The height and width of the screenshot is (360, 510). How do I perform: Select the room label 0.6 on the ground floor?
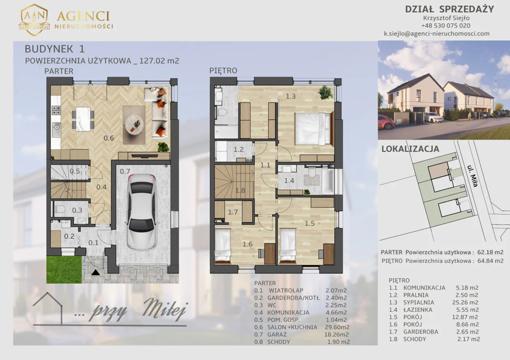109,138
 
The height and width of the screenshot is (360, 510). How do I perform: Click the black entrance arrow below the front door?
96,272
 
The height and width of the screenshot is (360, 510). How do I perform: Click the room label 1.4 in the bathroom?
289,181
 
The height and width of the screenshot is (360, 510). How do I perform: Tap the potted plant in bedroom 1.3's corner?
325,92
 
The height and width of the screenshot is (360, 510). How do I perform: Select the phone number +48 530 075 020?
445,26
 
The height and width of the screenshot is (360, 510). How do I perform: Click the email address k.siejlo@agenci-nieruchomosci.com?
437,34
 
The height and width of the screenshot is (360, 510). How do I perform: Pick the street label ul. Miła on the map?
472,176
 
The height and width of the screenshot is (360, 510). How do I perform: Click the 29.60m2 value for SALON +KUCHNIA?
337,327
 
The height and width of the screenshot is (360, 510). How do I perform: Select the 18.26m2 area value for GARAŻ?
336,334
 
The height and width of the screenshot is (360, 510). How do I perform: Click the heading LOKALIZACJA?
410,149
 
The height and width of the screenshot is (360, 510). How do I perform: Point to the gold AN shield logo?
34,20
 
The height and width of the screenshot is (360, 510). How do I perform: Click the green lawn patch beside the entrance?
64,270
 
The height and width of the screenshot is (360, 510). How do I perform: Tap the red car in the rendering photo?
386,122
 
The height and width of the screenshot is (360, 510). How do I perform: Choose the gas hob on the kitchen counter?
56,110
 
